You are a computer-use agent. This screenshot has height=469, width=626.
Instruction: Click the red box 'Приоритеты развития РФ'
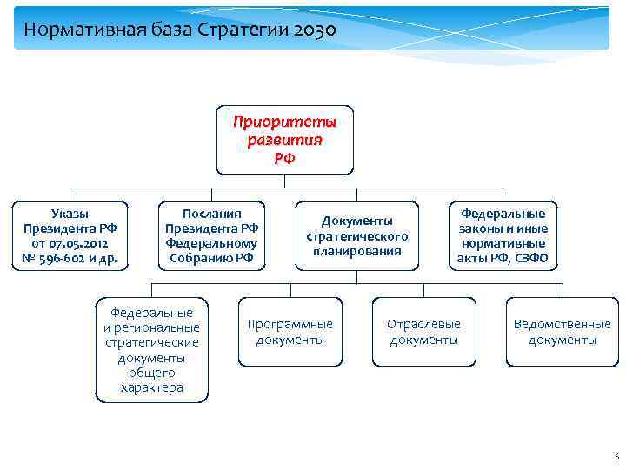[284, 140]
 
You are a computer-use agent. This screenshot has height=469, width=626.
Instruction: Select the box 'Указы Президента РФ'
[70, 235]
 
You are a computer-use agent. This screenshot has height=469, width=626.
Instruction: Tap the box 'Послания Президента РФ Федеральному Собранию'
[211, 235]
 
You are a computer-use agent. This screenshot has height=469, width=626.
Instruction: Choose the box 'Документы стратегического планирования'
[356, 235]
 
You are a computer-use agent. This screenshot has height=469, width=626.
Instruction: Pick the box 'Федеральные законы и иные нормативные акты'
[503, 235]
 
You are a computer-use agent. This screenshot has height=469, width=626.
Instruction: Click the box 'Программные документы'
[290, 331]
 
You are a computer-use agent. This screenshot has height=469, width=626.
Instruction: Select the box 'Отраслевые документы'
[423, 331]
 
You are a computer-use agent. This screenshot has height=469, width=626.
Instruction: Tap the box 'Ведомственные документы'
[562, 331]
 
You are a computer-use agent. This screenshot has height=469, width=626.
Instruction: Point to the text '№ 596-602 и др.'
[70, 258]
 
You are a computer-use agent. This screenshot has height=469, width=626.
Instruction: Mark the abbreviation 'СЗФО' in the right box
[530, 258]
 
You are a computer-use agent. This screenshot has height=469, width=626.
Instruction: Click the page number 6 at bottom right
[616, 456]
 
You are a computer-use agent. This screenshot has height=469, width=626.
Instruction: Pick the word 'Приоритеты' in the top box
[284, 122]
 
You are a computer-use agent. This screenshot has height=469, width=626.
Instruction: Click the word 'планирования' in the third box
[356, 251]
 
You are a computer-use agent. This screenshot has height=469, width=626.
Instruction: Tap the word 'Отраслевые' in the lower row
[423, 324]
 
